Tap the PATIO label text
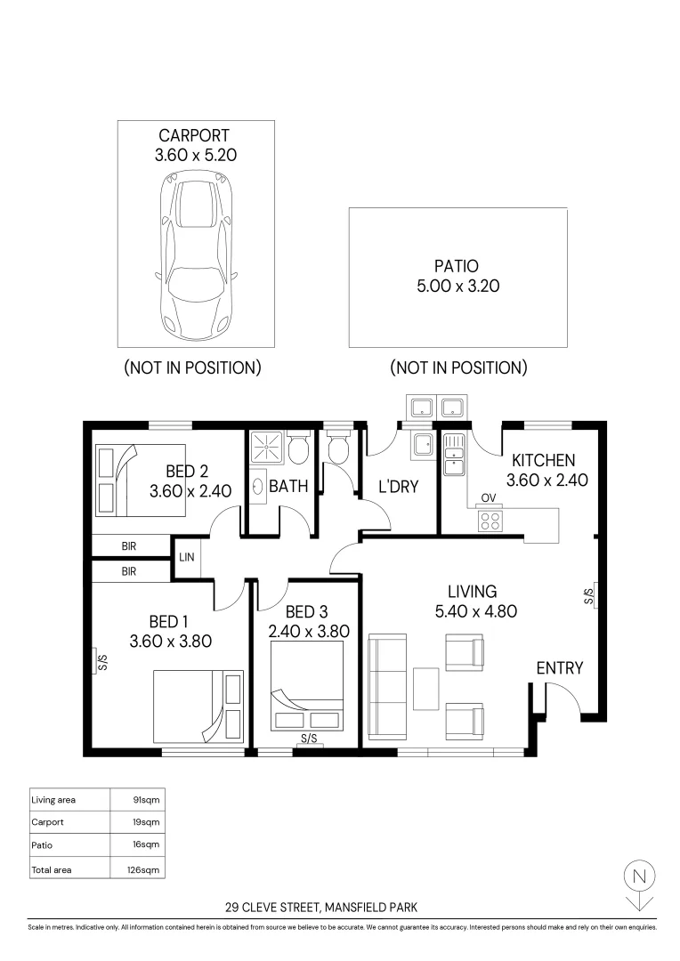coord(457,265)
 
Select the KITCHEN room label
coord(542,461)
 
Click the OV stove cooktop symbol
coord(490,520)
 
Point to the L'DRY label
coord(398,487)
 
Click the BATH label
coord(287,487)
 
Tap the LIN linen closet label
coord(187,558)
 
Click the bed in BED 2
coord(140,480)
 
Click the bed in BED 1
coord(198,707)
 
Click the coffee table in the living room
coord(426,689)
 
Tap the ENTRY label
coord(560,668)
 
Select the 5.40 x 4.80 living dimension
coord(475,611)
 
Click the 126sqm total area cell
coord(146,869)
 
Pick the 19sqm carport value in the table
coord(146,822)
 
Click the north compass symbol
coord(637,876)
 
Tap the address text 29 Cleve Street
coord(321,909)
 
